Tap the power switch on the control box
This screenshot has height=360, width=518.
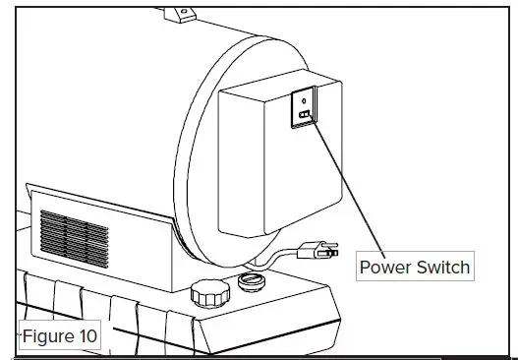coord(305,115)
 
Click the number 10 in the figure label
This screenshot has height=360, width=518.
coord(86,336)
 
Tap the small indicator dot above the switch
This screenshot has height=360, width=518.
coord(304,100)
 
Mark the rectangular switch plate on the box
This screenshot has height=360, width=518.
coord(304,110)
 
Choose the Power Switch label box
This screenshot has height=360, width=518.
coord(413,268)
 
